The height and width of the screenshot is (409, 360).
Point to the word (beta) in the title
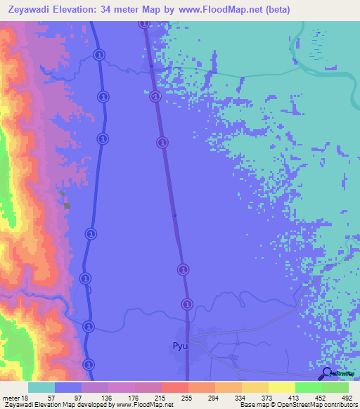coord(274,9)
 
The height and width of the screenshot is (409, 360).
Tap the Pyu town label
coord(180,346)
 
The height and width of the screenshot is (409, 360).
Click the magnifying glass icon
coord(327,373)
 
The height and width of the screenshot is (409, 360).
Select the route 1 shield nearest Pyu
coord(187,304)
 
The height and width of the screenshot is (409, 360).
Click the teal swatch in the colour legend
coord(41,388)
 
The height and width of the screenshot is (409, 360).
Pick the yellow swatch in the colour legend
coord(282,388)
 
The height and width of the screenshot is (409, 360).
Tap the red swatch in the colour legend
coord(175,388)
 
